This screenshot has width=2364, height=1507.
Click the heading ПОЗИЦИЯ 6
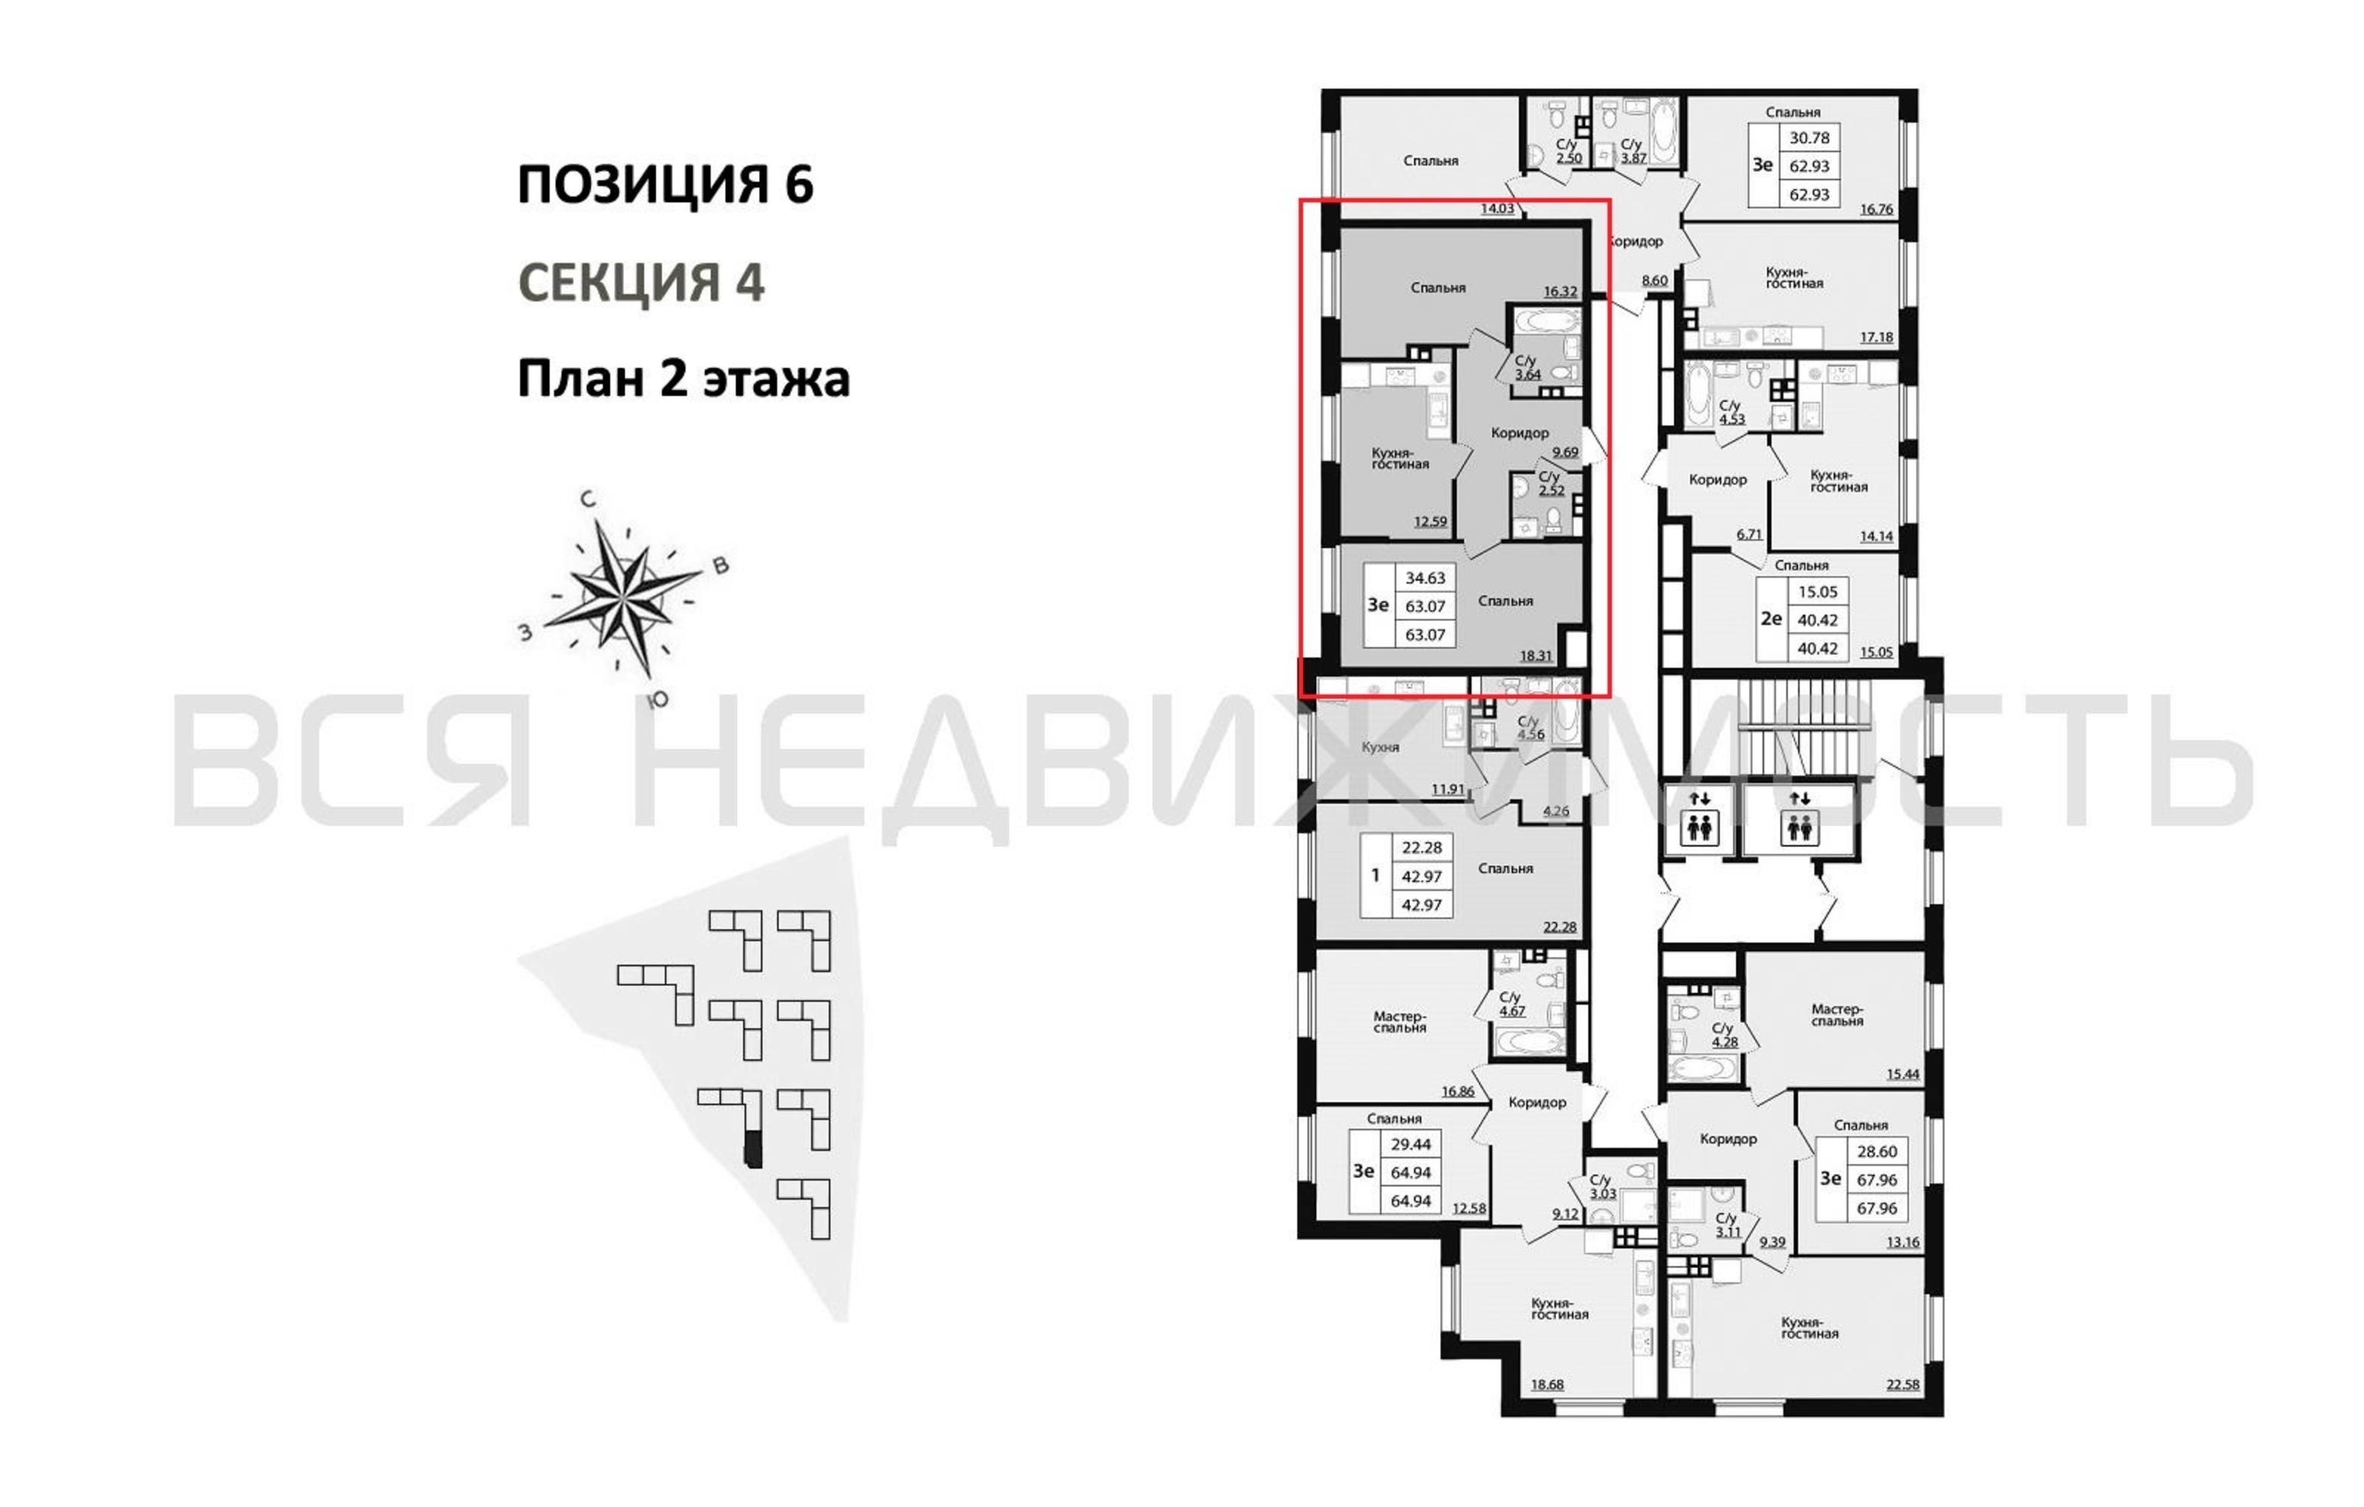[x=665, y=185]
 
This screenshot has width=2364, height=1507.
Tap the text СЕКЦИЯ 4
[x=641, y=283]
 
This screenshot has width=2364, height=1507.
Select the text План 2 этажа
[x=684, y=379]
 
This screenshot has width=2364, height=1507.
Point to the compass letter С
[x=588, y=500]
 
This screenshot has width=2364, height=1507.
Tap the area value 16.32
[x=1560, y=292]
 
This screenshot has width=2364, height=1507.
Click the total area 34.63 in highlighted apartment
[x=1424, y=578]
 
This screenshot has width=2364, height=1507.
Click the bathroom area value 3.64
[x=1528, y=374]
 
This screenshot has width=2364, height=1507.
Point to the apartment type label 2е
[x=1771, y=619]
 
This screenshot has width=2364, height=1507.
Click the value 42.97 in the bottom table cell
[x=1421, y=904]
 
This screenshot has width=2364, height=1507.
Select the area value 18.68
[x=1547, y=1385]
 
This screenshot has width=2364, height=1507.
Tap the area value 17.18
[x=1876, y=338]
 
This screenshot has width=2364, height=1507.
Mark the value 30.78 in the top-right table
[x=1809, y=139]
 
